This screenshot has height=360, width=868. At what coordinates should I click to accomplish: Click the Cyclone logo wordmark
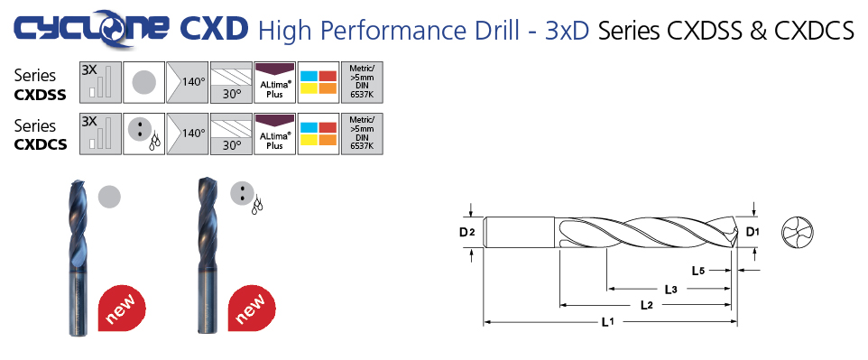91,29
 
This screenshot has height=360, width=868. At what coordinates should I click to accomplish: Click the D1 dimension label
753,232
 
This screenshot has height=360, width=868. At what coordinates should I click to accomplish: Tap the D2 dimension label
466,233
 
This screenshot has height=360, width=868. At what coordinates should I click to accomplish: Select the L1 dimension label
608,322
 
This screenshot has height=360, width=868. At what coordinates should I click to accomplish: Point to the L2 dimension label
647,305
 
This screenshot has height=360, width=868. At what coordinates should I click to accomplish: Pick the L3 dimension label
671,289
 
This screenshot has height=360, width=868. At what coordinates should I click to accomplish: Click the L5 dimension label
698,271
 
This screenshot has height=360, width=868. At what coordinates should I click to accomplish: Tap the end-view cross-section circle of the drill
797,232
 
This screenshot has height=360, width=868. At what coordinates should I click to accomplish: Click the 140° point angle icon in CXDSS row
188,82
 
